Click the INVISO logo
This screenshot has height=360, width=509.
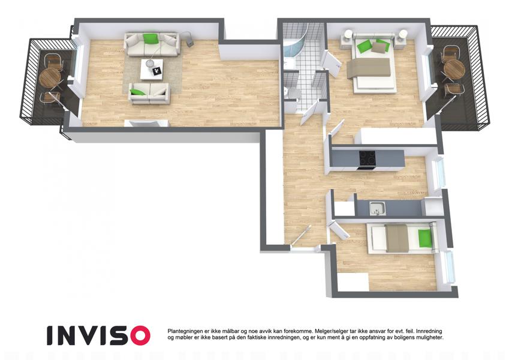pyautogui.click(x=98, y=335)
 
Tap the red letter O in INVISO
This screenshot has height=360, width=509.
pyautogui.click(x=140, y=335)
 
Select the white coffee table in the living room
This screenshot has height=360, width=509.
pyautogui.click(x=152, y=69)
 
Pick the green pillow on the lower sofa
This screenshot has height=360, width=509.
pyautogui.click(x=138, y=92)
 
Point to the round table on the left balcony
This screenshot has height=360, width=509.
pyautogui.click(x=50, y=77)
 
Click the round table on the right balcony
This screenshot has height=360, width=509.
pyautogui.click(x=454, y=69)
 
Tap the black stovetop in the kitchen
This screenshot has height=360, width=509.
pyautogui.click(x=367, y=160)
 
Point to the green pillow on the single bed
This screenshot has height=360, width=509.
pyautogui.click(x=424, y=238)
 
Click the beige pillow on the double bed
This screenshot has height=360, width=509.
pyautogui.click(x=378, y=48)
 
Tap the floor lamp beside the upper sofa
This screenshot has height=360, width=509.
pyautogui.click(x=189, y=39)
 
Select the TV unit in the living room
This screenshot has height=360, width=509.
pyautogui.click(x=147, y=123)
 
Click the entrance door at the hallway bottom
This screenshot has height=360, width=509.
pyautogui.click(x=301, y=236)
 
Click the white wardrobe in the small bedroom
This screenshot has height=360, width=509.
pyautogui.click(x=353, y=282)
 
